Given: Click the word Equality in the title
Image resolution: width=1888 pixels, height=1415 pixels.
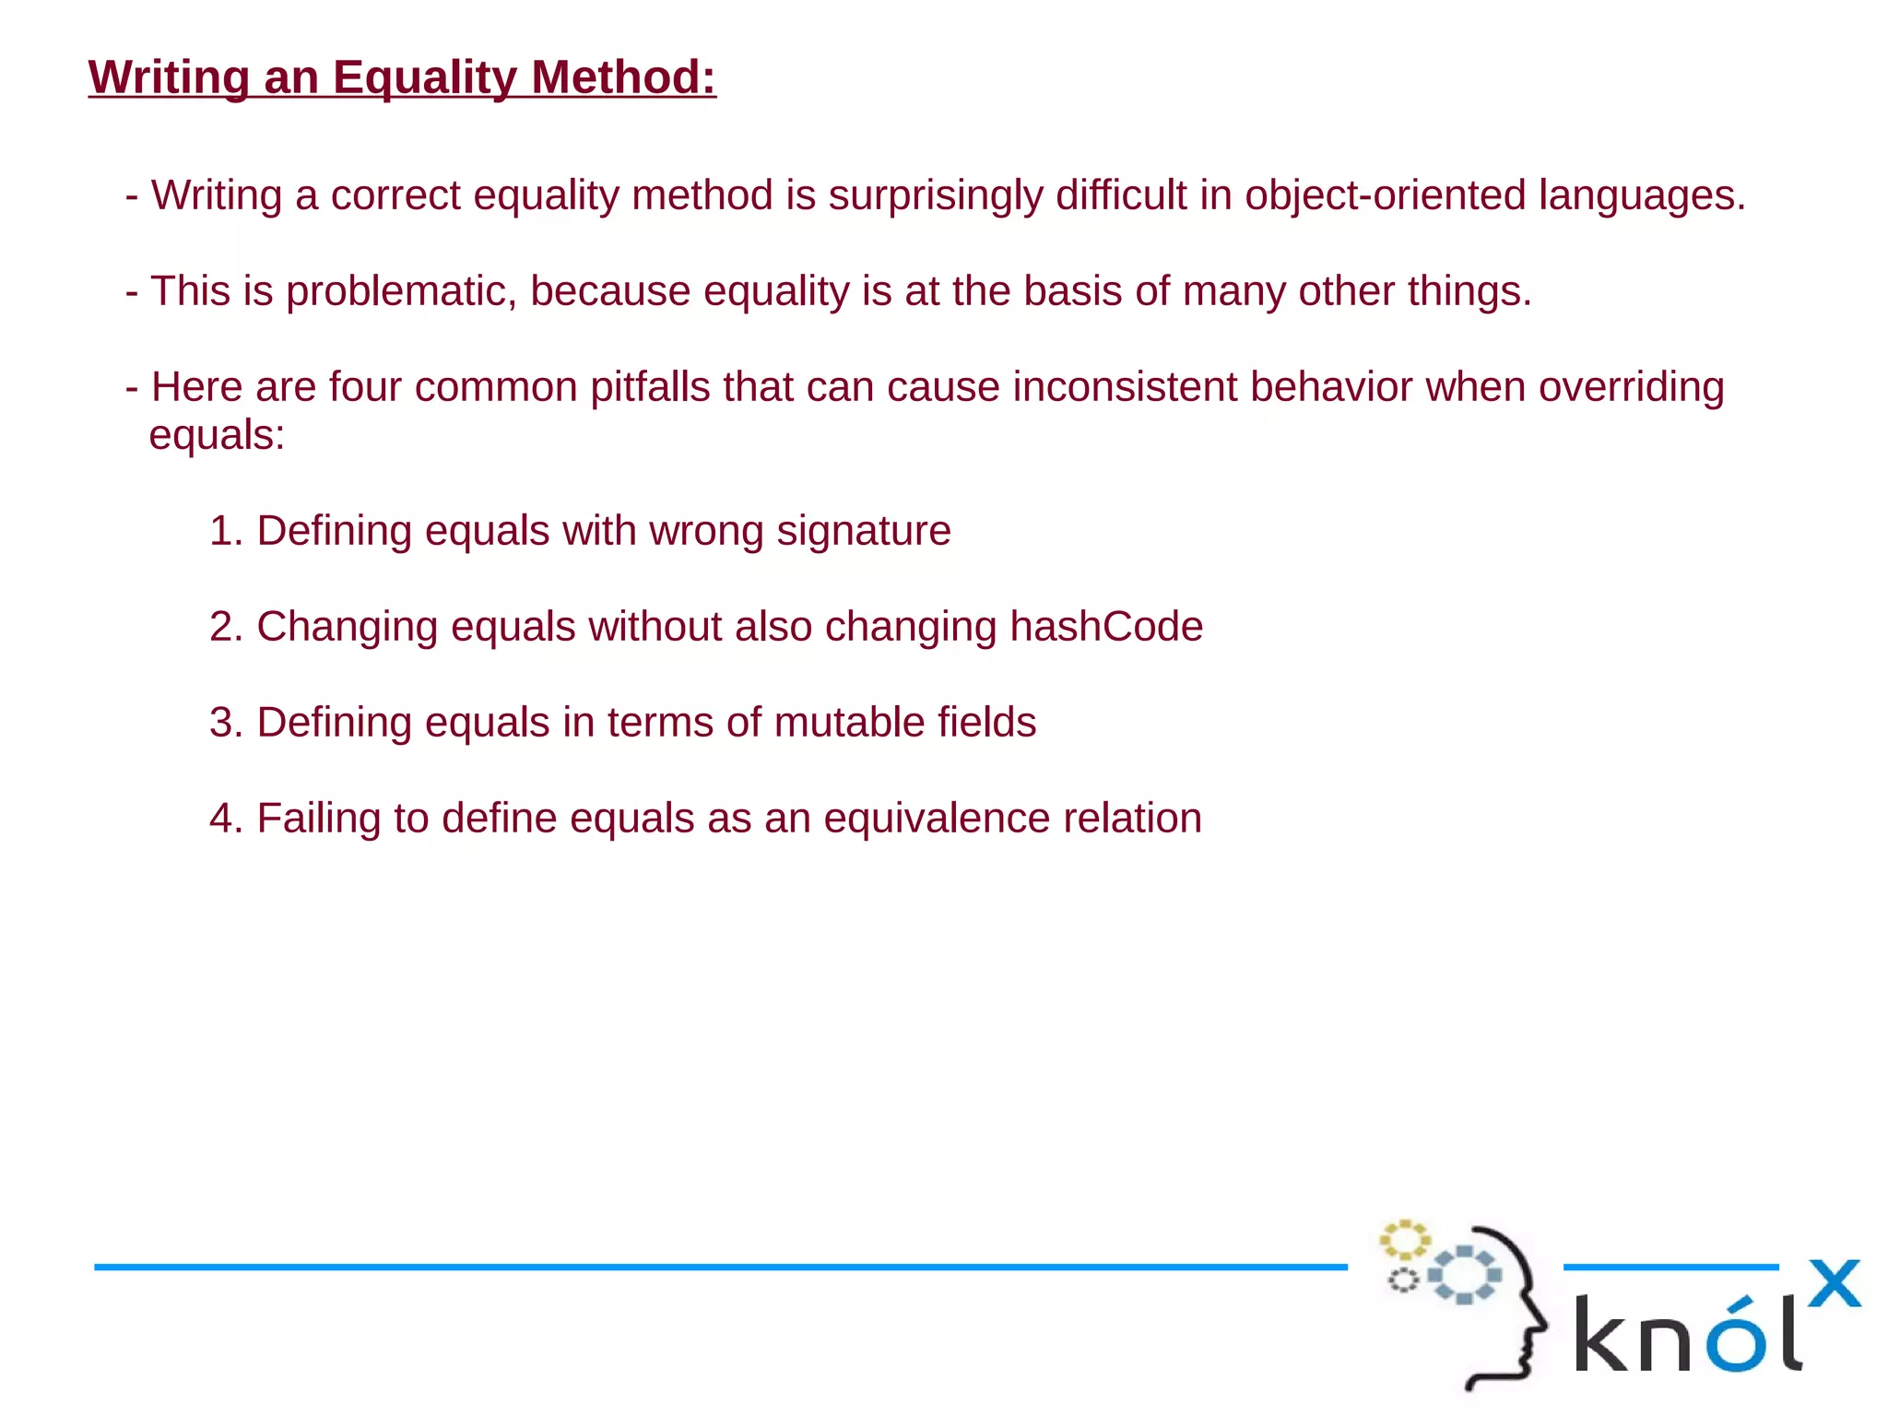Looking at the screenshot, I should [424, 77].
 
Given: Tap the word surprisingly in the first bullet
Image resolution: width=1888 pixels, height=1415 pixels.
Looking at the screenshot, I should [935, 195].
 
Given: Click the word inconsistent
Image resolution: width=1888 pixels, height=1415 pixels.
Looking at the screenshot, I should [1125, 387].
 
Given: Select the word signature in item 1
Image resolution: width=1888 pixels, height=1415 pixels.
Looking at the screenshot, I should [863, 531].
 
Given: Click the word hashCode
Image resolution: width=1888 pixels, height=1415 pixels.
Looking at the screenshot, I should [1106, 627].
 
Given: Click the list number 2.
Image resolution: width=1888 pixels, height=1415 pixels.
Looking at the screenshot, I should [223, 627].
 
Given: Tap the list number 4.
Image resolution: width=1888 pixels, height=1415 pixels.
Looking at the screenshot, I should [223, 819].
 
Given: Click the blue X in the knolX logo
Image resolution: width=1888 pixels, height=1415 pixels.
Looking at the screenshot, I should [1834, 1283].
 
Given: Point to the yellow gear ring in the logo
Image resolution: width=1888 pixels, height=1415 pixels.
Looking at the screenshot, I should [1403, 1240].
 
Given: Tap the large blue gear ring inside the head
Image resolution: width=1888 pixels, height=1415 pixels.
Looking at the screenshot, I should [1464, 1275].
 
